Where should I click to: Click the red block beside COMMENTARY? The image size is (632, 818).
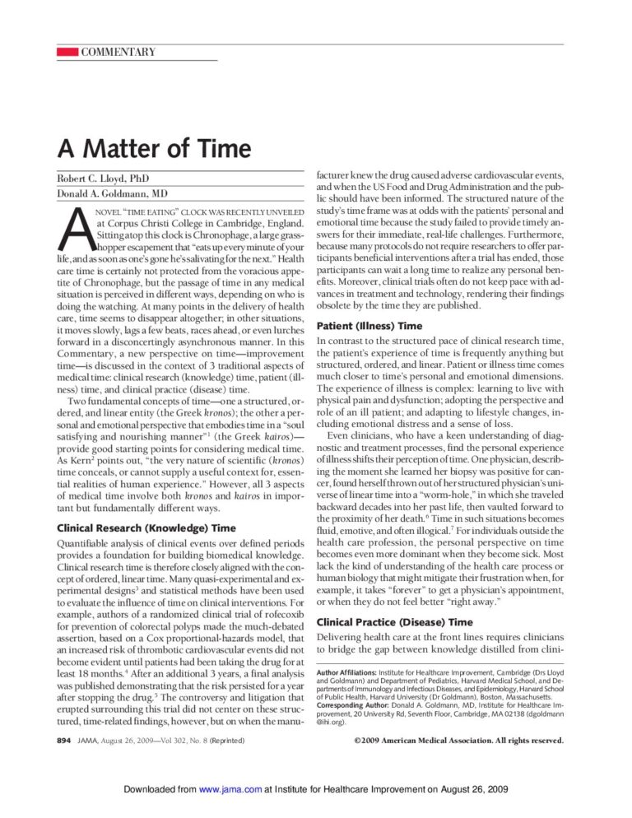click(x=67, y=53)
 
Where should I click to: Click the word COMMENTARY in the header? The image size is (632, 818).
click(x=118, y=53)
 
